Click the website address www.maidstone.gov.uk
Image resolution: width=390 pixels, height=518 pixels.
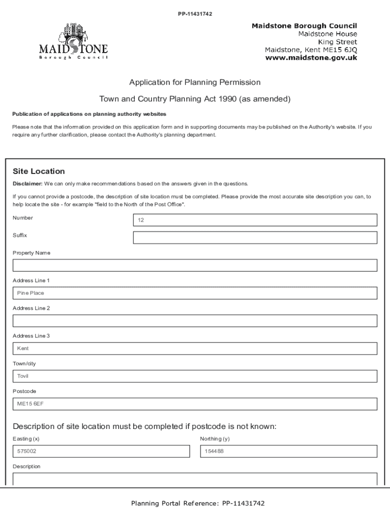point(311,58)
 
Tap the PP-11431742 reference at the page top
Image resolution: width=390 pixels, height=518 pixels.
point(194,14)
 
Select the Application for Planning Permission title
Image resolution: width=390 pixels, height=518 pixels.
point(194,82)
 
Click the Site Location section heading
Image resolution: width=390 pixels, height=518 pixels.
point(39,171)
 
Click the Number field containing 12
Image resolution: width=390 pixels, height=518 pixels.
point(255,220)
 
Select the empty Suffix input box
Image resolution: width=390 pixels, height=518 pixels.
point(255,238)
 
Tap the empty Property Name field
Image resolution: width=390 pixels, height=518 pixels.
point(194,265)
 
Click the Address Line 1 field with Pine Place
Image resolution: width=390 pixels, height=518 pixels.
point(194,293)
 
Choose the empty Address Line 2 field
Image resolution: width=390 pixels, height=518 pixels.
point(194,321)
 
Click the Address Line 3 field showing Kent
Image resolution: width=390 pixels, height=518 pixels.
point(194,349)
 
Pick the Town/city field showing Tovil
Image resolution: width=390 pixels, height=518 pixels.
point(194,376)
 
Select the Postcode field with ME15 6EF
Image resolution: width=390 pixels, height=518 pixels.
point(194,404)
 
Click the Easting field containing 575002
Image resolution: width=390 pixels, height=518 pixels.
point(101,451)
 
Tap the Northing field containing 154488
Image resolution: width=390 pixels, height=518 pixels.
point(288,451)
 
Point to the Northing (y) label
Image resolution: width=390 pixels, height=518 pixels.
point(215,439)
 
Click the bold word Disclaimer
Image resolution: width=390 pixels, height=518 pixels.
point(27,184)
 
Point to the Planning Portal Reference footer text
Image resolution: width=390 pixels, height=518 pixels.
point(198,503)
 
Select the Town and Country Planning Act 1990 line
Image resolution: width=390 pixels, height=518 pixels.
point(194,99)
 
